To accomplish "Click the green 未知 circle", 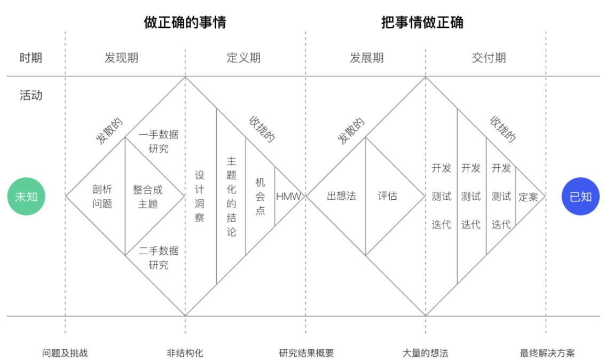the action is [x=26, y=197].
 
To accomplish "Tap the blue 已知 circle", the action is [x=580, y=197].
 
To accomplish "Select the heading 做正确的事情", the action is [x=185, y=22].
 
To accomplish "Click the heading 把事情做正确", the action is [x=422, y=22].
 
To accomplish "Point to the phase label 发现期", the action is [x=121, y=58].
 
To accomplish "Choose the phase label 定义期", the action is [x=243, y=58].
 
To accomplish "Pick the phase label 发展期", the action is [x=366, y=58].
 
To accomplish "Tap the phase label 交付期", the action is [x=489, y=58].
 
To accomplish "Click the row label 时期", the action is [x=31, y=58].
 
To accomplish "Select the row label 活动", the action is [x=31, y=95].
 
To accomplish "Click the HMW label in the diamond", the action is [x=288, y=197].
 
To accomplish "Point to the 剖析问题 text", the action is [x=102, y=197].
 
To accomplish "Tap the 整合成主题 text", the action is [x=148, y=197].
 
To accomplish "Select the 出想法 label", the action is [x=341, y=196].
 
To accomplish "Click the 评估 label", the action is [x=387, y=196].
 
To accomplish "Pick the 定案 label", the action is [x=528, y=197].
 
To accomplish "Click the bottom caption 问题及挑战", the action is [x=65, y=353].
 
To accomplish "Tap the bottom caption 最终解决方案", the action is [x=547, y=353].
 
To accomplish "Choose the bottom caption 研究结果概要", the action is [x=307, y=353].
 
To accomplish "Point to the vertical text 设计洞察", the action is [x=200, y=197].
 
